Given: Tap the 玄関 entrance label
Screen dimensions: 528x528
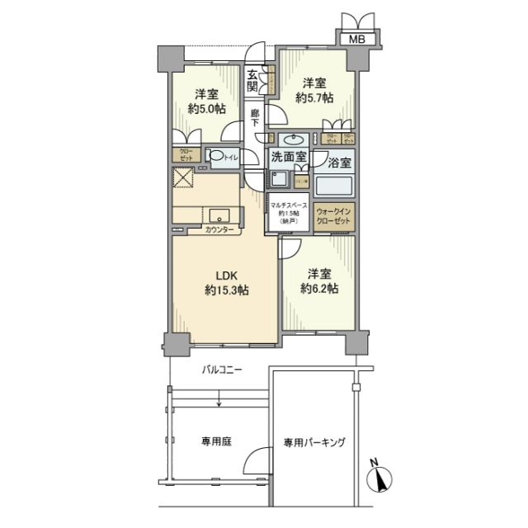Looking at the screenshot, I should [254, 80].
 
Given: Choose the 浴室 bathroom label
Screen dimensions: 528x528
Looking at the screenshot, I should [338, 163].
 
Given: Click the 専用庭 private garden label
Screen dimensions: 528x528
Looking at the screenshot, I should [214, 441].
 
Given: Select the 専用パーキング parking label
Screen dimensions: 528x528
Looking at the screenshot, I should [314, 442].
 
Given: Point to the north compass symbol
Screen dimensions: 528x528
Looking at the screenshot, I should [379, 476].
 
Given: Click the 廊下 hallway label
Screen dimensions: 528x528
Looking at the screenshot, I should [256, 117].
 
